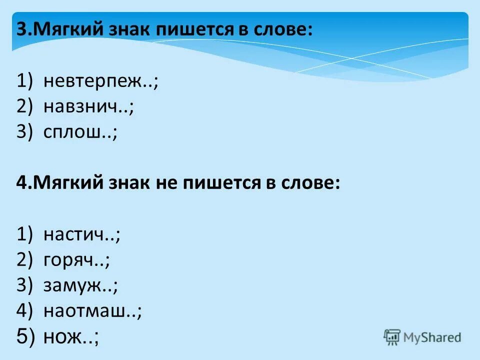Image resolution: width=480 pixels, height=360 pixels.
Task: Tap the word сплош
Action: pos(75,132)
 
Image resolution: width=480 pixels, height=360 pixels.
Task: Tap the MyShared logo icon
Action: pos(392,337)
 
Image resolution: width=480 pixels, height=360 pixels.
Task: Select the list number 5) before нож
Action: pos(26,337)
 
